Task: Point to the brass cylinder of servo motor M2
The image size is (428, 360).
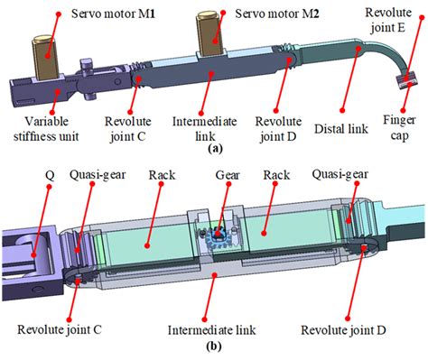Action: tap(206, 41)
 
